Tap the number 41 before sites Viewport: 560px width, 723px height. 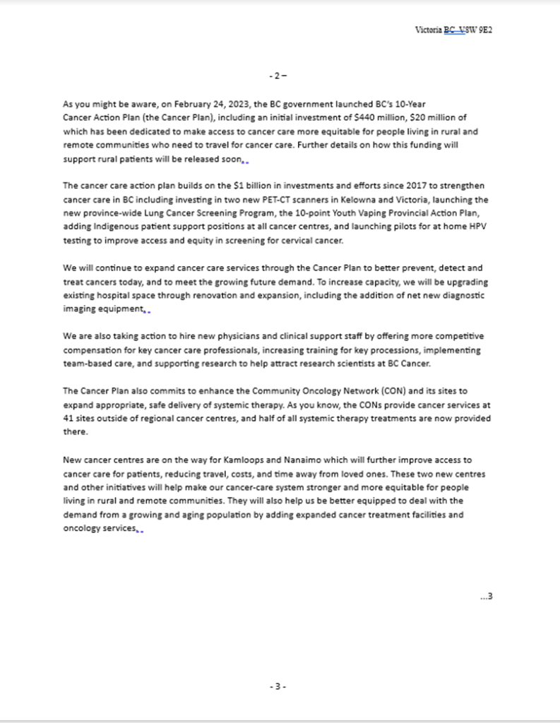[x=68, y=418]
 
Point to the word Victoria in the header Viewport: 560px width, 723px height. [x=429, y=30]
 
